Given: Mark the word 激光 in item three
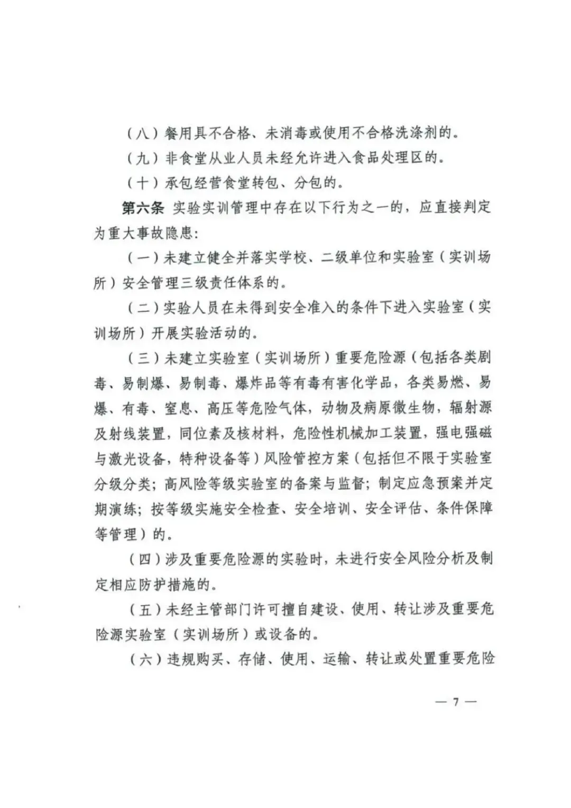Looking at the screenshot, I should [x=122, y=458].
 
